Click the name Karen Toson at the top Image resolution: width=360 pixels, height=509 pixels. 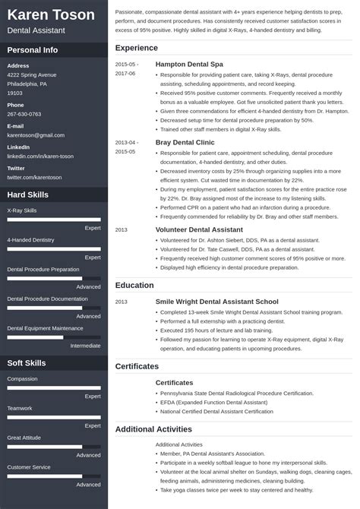pyautogui.click(x=51, y=15)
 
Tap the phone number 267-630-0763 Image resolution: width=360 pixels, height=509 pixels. pyautogui.click(x=24, y=114)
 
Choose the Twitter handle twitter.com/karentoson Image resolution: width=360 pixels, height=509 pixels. pyautogui.click(x=34, y=177)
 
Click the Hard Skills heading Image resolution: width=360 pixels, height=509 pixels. pyautogui.click(x=28, y=195)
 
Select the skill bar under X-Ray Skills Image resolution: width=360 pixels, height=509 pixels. pyautogui.click(x=54, y=219)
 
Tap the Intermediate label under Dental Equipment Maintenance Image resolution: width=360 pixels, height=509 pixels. pyautogui.click(x=85, y=346)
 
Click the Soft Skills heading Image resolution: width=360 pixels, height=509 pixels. pyautogui.click(x=27, y=363)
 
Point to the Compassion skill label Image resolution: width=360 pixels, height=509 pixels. pyautogui.click(x=22, y=378)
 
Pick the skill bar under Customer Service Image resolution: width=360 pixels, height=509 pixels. pyautogui.click(x=54, y=476)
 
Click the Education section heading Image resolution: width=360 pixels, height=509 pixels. pyautogui.click(x=134, y=286)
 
